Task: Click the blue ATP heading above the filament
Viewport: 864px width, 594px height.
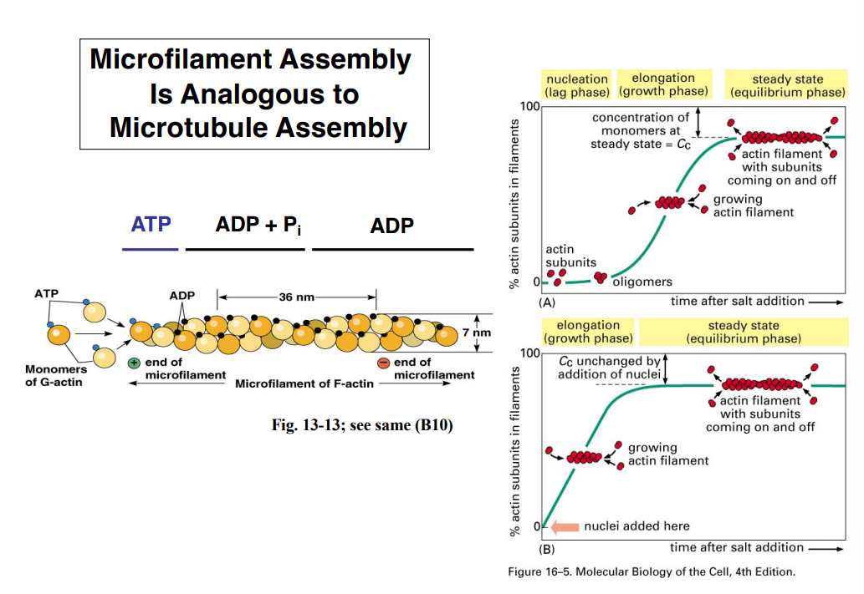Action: pos(151,225)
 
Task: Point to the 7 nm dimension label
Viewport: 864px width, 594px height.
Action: pos(477,333)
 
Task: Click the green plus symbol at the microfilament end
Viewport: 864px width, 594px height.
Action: pos(133,363)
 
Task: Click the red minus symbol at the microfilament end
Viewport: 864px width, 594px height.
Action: pos(383,363)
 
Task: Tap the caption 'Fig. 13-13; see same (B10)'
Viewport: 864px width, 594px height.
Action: pos(362,426)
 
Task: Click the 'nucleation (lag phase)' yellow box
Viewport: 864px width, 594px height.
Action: pos(576,85)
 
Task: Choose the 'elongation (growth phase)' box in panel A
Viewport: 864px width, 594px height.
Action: pos(663,84)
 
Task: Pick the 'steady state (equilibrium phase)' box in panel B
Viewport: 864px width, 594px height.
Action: pos(743,332)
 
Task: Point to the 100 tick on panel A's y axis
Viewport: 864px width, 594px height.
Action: pos(529,106)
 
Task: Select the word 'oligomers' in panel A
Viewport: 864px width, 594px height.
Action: pos(642,282)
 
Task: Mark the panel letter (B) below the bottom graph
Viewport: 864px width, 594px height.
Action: pos(548,549)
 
